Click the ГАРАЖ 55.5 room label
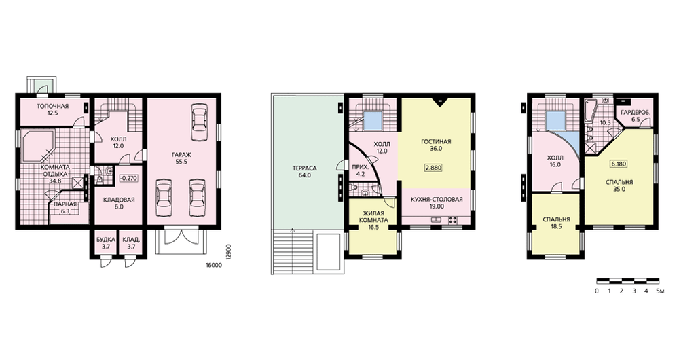click(181, 158)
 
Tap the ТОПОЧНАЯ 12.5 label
click(53, 109)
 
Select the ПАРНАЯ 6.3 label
click(65, 208)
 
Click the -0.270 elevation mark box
click(128, 178)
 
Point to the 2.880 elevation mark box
click(433, 168)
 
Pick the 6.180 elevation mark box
click(619, 164)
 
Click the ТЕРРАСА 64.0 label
click(305, 172)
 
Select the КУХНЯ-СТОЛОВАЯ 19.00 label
click(437, 202)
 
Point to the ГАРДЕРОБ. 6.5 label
click(636, 115)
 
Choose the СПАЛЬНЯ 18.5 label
click(557, 223)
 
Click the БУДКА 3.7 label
click(106, 243)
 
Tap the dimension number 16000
click(211, 266)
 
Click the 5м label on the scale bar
click(660, 291)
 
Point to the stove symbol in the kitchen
click(454, 220)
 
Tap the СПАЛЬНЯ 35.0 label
click(619, 185)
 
